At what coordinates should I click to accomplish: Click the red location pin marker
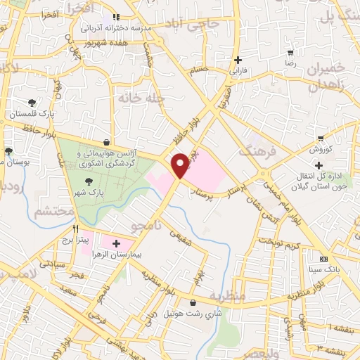(x=181, y=165)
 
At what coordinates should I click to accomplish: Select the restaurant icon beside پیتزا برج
(x=75, y=229)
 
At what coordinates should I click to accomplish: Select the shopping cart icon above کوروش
(x=321, y=138)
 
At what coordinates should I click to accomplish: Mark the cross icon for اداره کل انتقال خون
(x=319, y=165)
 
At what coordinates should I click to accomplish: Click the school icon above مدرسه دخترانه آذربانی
(x=116, y=16)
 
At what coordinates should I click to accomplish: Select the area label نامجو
(x=148, y=226)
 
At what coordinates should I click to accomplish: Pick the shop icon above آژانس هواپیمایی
(x=105, y=141)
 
